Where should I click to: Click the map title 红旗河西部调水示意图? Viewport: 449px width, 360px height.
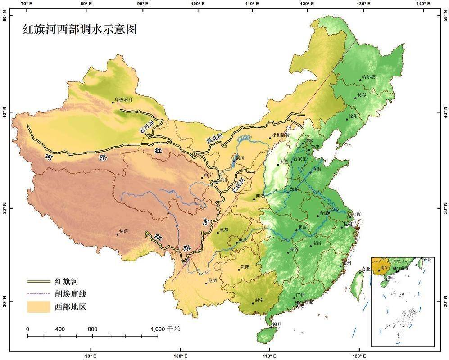80,30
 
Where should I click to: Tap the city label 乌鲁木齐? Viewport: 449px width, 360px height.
125,99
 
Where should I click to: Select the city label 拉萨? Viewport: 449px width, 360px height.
123,231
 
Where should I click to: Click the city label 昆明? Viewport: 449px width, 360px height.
211,280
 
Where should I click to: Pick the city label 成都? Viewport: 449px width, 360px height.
223,229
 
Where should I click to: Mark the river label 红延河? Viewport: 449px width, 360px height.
238,185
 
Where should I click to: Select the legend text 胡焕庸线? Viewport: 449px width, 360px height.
70,294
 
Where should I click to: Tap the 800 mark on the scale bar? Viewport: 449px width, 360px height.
92,329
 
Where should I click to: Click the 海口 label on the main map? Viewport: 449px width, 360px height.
277,323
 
